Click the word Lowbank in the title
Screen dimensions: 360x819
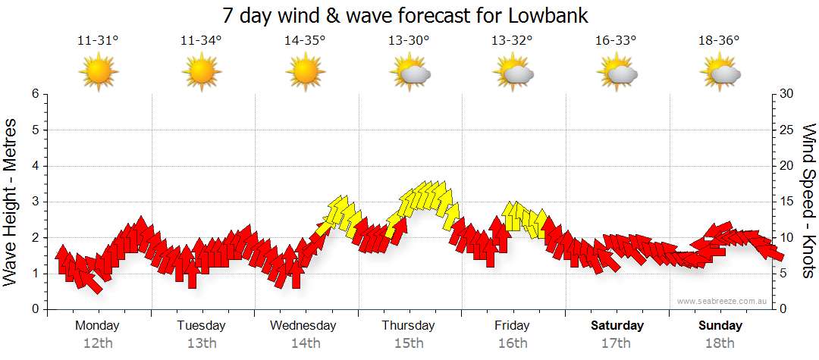[x=546, y=15]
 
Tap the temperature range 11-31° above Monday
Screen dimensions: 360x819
[x=98, y=42]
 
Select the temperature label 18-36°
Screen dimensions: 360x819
[x=719, y=42]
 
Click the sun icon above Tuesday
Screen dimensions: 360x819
[x=202, y=73]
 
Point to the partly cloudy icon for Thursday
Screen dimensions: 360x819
[x=409, y=73]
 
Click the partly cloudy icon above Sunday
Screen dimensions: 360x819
[x=720, y=73]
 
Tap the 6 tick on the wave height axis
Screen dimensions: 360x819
[x=34, y=94]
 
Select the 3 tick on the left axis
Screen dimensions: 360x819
[x=34, y=202]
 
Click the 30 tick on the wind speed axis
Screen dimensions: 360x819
[x=788, y=94]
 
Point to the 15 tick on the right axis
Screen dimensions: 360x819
[x=788, y=202]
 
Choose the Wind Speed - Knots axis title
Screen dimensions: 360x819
[x=808, y=202]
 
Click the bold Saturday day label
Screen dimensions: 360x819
[x=617, y=326]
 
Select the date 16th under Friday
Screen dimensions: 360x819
[x=513, y=343]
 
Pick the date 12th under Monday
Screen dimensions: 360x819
[x=98, y=343]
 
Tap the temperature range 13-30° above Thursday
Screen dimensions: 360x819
[x=409, y=42]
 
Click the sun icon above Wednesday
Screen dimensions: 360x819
[x=306, y=73]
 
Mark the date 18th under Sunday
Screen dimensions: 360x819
[x=720, y=343]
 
